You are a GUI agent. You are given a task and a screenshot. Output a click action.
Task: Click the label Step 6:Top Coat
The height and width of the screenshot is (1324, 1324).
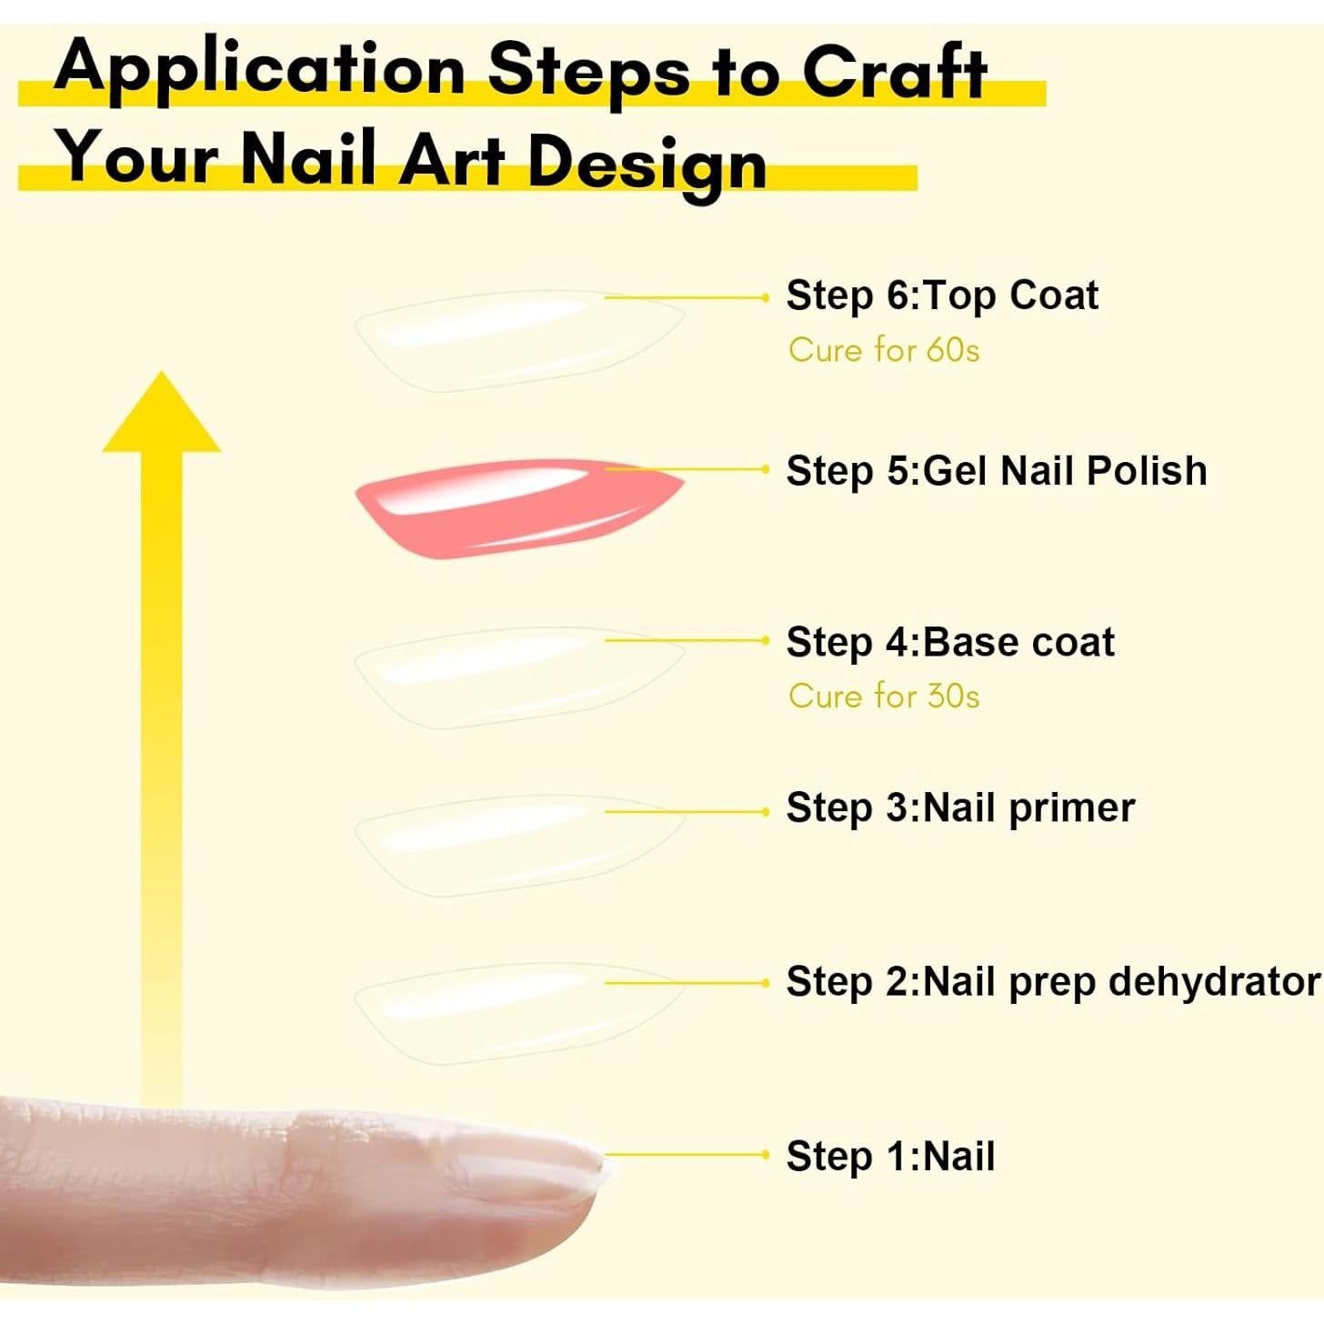[x=941, y=296]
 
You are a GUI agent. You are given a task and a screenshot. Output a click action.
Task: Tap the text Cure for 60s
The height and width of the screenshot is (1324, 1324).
[x=884, y=350]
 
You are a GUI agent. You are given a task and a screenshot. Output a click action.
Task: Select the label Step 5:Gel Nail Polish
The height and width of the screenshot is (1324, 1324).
[x=996, y=471]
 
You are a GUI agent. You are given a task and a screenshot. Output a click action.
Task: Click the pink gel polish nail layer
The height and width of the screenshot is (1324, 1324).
[x=509, y=509]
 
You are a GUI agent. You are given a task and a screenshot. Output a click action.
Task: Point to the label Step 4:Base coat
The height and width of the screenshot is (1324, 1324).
[x=949, y=642]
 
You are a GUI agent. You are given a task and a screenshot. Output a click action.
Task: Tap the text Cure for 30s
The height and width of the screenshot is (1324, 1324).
[x=884, y=697]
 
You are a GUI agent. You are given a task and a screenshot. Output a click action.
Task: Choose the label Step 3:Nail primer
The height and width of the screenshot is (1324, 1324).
[x=960, y=808]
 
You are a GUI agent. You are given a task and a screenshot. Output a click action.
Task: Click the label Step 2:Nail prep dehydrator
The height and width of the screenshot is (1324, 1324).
[x=1052, y=982]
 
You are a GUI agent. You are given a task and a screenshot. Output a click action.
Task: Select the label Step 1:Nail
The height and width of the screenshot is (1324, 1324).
[x=890, y=1157]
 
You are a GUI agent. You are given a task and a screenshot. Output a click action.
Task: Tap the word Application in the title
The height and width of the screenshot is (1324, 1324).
[x=260, y=68]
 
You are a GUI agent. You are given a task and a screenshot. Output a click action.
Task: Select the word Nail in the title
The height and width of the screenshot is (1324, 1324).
[x=309, y=158]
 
